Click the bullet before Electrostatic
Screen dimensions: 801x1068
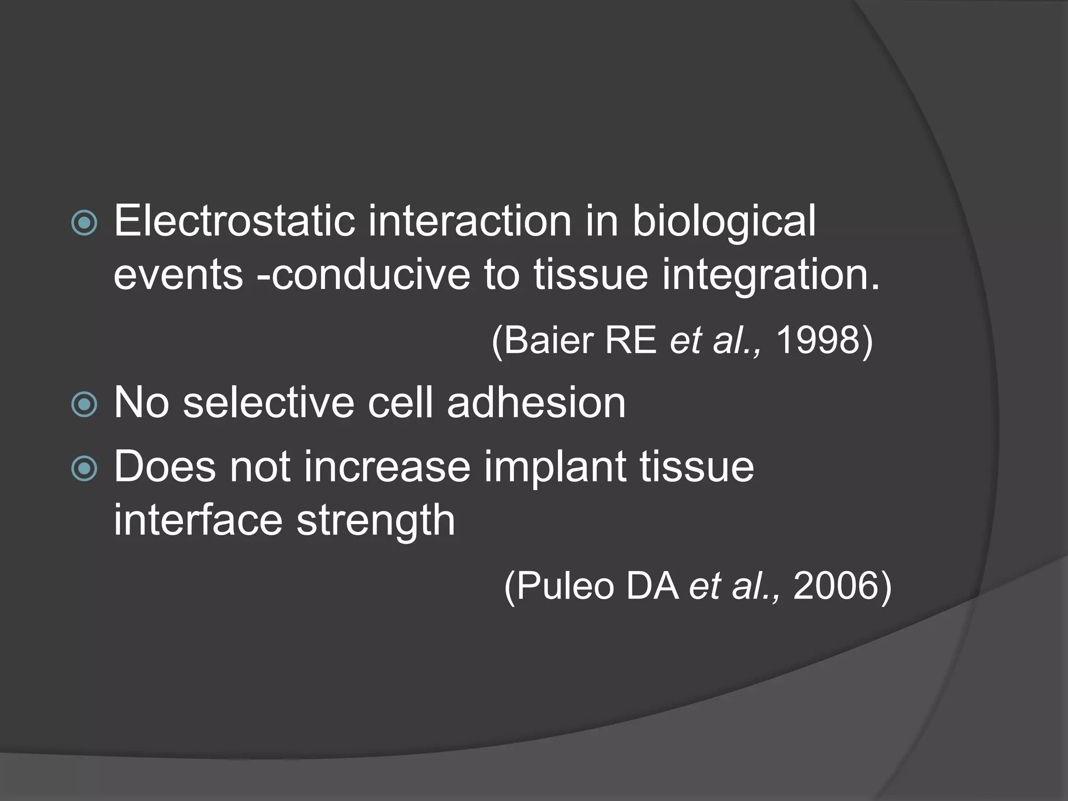(x=84, y=223)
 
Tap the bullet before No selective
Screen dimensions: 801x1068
(x=84, y=405)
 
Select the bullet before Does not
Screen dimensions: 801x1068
(x=84, y=468)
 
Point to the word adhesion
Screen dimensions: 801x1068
(x=536, y=403)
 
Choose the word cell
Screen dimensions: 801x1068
(x=400, y=403)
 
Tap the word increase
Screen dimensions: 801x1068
(x=387, y=467)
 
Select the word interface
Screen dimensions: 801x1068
(x=198, y=520)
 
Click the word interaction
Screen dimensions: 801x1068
(x=470, y=221)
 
